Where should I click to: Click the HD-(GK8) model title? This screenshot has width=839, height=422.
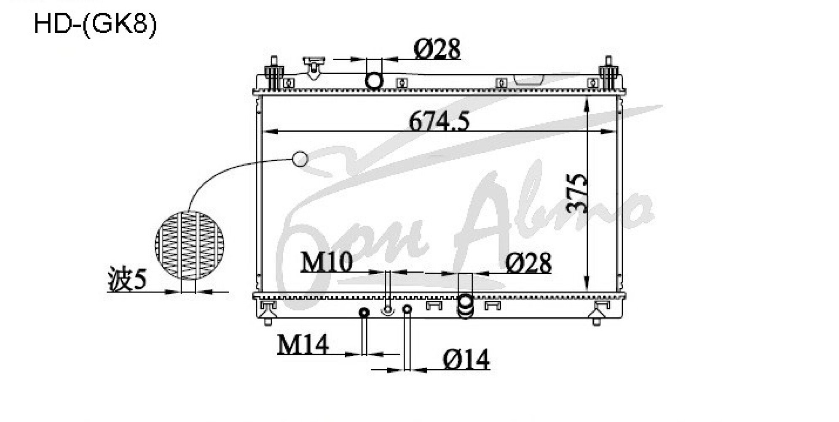95,24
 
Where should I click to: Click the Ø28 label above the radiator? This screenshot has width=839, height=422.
437,49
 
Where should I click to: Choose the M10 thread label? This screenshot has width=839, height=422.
326,262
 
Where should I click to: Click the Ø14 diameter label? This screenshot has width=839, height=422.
466,360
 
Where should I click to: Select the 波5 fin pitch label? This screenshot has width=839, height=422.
127,280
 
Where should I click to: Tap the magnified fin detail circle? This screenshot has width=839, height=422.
190,245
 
